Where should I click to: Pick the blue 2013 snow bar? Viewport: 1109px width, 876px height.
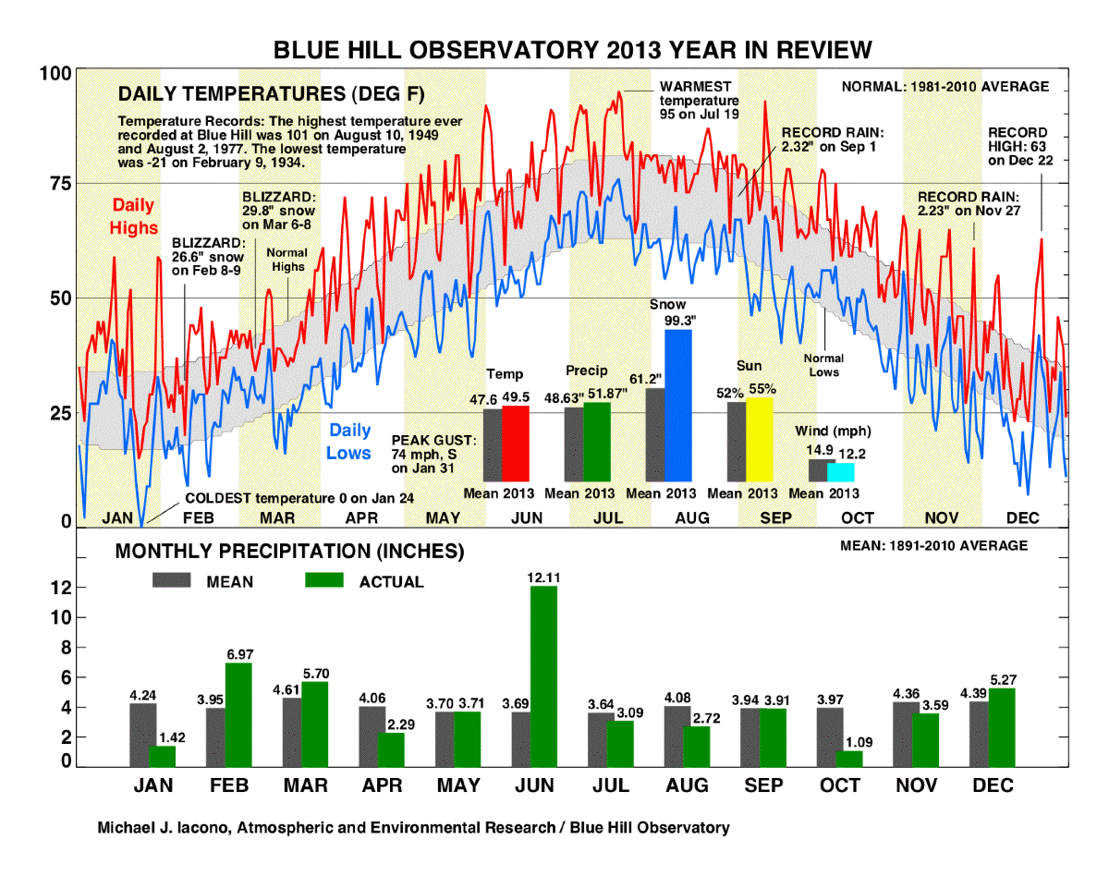coord(678,406)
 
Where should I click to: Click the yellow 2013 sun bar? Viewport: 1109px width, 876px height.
coord(759,439)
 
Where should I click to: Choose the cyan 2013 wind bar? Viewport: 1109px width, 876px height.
coord(840,472)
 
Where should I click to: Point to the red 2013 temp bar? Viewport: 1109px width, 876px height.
coord(516,444)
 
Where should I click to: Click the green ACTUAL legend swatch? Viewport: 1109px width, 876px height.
coord(323,580)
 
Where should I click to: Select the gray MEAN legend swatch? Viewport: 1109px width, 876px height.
coord(173,580)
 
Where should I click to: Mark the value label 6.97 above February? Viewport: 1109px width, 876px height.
coord(238,654)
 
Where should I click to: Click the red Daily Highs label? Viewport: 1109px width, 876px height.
coord(134,216)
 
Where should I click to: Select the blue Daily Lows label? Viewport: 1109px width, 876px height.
coord(349,442)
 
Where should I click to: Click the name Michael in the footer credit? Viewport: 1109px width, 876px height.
coord(129,828)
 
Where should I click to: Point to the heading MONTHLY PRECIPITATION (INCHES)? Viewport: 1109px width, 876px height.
coord(288,553)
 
